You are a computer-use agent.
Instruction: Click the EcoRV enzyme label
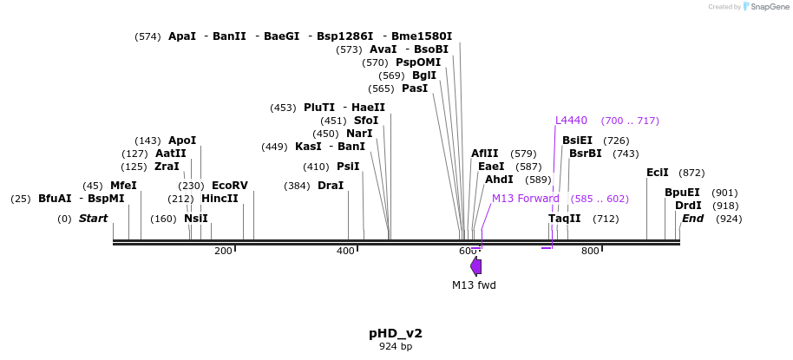(230, 186)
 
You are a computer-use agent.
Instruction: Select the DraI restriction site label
(331, 186)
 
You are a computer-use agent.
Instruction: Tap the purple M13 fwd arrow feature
(476, 266)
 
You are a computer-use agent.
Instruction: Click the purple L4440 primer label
(571, 121)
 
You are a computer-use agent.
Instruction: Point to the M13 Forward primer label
(526, 199)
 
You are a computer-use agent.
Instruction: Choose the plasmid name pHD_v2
(396, 333)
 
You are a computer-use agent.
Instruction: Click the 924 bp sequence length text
(396, 347)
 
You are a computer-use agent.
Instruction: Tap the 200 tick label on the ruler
(223, 252)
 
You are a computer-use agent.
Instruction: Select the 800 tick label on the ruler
(590, 252)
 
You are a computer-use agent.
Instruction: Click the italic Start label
(93, 219)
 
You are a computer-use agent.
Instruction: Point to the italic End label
(692, 219)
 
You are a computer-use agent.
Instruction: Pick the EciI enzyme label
(658, 173)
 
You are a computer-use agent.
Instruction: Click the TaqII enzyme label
(564, 219)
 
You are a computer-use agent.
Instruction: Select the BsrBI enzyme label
(586, 154)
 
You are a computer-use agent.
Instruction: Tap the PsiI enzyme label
(348, 167)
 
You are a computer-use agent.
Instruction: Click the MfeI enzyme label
(123, 186)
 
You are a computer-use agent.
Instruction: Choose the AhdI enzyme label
(499, 180)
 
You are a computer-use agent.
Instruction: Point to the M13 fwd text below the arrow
(474, 285)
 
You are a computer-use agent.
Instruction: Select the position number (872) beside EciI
(691, 173)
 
